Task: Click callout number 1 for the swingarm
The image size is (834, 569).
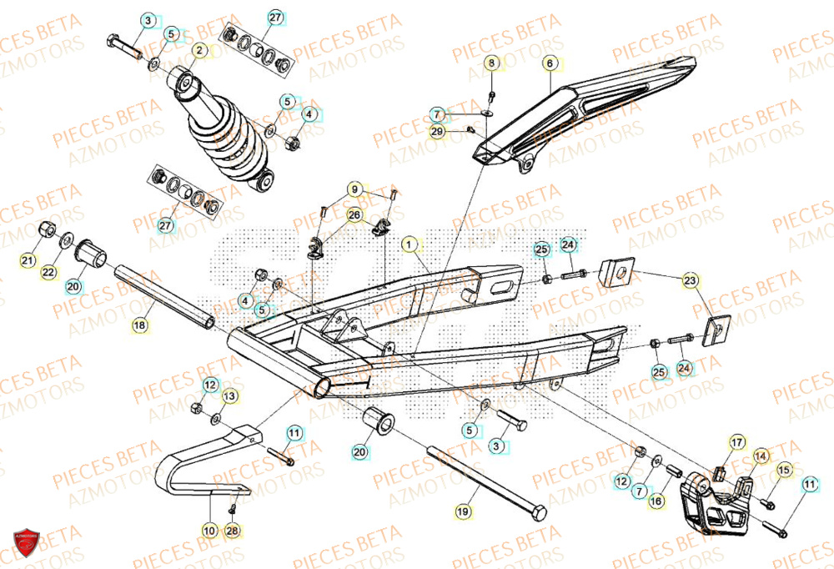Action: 409,244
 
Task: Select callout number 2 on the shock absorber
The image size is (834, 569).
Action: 199,50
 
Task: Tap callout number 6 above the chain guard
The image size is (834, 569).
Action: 550,63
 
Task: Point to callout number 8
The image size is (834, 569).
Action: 491,63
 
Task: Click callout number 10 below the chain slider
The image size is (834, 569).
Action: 208,529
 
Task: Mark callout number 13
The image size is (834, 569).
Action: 229,395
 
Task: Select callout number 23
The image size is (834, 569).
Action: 690,280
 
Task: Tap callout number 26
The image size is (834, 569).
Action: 354,215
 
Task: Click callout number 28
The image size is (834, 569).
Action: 232,529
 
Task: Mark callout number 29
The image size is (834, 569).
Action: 437,132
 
